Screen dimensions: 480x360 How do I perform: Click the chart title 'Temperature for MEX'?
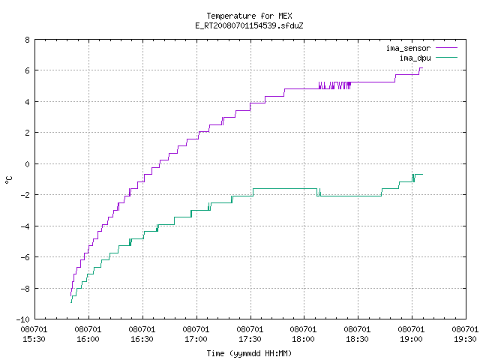(249, 16)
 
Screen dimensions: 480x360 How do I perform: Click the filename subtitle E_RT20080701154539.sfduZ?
(249, 25)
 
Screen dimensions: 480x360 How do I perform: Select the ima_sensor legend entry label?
(408, 48)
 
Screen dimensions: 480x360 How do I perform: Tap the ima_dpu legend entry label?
(415, 58)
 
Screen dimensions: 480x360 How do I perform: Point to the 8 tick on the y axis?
(28, 40)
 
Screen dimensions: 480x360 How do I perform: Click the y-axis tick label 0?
(28, 164)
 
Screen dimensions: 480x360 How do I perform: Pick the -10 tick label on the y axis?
(23, 319)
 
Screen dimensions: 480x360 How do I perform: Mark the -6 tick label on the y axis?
(25, 257)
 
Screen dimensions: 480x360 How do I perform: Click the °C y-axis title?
(9, 179)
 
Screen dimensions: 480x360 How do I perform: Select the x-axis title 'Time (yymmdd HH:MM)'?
(249, 353)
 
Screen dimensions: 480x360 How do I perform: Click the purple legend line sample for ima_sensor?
(446, 48)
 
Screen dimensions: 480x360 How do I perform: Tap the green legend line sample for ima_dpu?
(446, 58)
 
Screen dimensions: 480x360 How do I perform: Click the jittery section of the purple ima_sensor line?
(334, 85)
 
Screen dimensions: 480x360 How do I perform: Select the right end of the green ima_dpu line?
(423, 174)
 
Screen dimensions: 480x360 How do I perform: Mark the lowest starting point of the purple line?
(70, 295)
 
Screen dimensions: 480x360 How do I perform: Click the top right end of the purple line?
(423, 67)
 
